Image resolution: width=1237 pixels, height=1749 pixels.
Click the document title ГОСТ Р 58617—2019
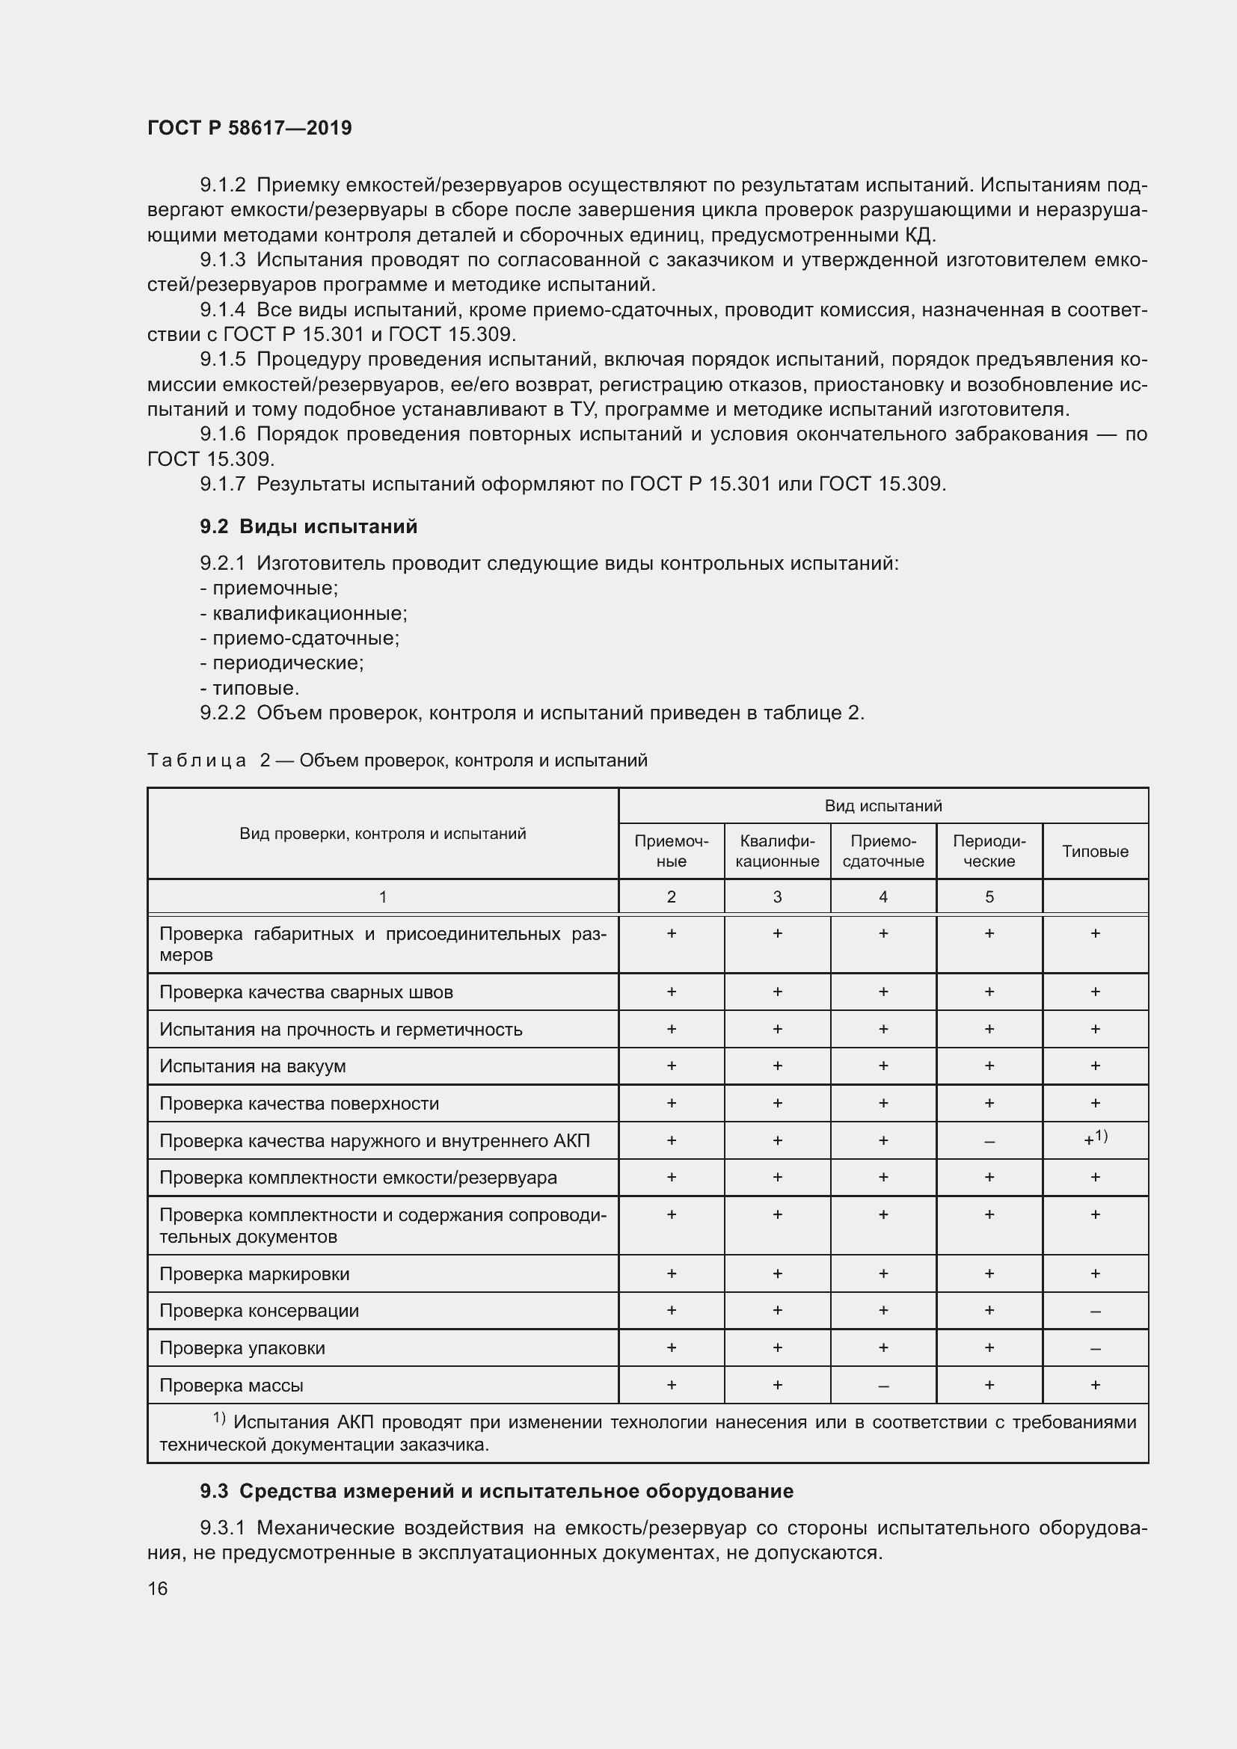(x=249, y=128)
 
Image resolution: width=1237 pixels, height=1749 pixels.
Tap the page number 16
(x=158, y=1588)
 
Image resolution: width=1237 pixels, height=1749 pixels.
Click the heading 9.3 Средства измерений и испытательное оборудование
(x=497, y=1491)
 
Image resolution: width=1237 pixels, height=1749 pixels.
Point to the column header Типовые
(x=1095, y=852)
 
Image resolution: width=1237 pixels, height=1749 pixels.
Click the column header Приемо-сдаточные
(x=883, y=851)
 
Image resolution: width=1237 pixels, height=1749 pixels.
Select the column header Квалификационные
(x=777, y=851)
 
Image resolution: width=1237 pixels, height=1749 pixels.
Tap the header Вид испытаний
(x=883, y=805)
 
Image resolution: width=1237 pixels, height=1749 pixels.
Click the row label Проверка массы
(x=231, y=1386)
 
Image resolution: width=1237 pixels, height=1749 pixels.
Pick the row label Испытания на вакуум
(x=252, y=1066)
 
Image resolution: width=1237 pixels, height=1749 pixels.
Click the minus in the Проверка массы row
(x=883, y=1386)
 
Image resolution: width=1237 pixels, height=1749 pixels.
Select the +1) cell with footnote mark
(x=1096, y=1140)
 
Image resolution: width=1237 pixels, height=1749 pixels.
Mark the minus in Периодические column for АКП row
(x=989, y=1142)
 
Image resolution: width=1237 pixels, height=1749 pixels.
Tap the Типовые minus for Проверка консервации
(x=1095, y=1312)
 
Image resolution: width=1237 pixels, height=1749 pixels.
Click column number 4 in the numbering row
(x=883, y=897)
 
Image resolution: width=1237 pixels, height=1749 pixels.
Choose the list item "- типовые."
(x=250, y=688)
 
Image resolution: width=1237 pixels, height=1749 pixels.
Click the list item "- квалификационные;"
(x=303, y=613)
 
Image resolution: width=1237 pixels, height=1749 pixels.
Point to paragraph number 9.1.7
(x=222, y=484)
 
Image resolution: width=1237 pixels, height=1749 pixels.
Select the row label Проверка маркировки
(x=254, y=1273)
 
